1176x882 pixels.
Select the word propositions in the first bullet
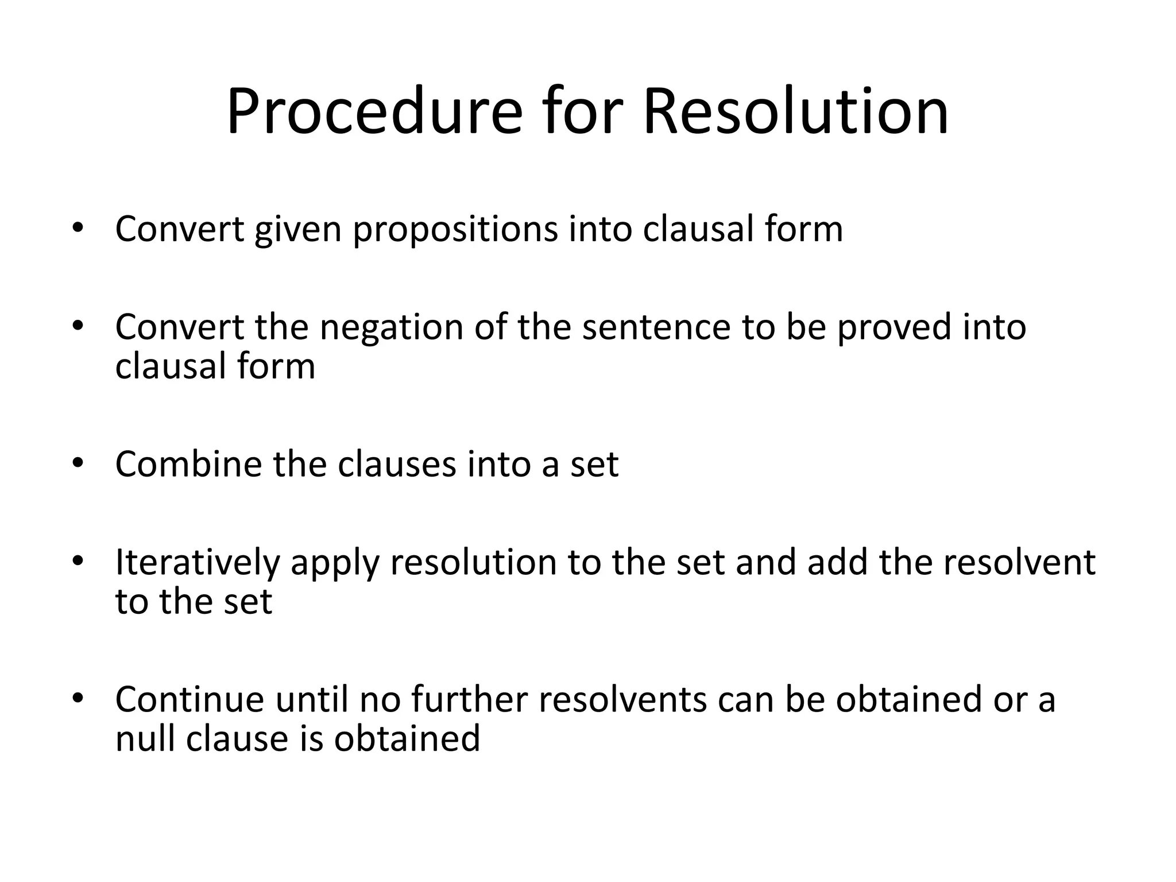455,230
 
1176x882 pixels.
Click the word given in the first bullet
299,230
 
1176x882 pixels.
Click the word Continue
189,699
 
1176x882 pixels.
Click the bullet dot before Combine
78,463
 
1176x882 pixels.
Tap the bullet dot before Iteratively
78,560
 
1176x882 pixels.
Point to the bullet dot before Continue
78,698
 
